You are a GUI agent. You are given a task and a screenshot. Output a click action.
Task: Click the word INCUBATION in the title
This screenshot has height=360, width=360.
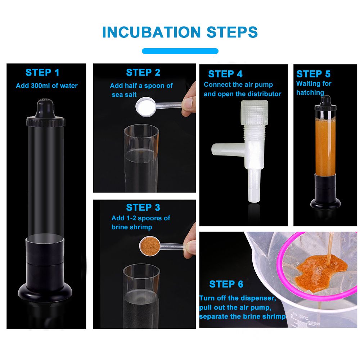pos(152,32)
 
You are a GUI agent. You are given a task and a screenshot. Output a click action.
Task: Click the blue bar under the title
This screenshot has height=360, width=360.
pos(180,51)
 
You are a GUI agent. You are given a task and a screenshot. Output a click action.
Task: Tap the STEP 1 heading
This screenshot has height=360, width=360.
pos(42,73)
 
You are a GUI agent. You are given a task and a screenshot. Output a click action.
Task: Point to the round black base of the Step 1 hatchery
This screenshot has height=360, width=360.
pos(45,292)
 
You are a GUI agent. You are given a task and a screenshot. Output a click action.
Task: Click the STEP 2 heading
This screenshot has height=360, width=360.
pos(143,73)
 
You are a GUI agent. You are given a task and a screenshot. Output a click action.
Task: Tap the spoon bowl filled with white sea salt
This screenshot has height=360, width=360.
pos(145,107)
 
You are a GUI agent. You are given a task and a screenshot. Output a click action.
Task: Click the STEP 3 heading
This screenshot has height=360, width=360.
pos(143,208)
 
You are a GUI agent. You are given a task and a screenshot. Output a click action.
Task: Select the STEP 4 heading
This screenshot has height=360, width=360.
pos(225,74)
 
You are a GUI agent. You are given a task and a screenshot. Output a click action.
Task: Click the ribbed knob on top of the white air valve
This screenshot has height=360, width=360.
pos(255,112)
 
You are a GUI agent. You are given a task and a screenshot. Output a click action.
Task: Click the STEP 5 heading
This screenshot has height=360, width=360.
pos(314,74)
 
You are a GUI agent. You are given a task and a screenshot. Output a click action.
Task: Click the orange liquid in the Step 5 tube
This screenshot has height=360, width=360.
pos(325,147)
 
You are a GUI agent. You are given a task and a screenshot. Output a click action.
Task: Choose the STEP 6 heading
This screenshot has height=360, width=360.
pos(226,284)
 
